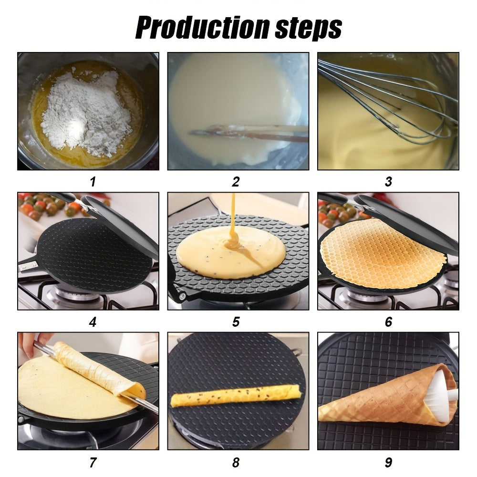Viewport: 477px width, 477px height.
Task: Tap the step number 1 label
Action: click(x=93, y=182)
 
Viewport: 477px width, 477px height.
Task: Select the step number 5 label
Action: click(x=236, y=322)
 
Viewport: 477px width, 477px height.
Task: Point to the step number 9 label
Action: click(x=388, y=462)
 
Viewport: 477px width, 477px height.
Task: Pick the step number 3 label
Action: click(x=388, y=182)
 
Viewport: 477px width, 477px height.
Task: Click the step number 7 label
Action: click(x=93, y=462)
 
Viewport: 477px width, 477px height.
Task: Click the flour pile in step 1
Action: click(x=86, y=112)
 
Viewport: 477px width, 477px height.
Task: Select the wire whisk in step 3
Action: click(x=382, y=100)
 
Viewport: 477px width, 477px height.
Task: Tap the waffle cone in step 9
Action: click(x=382, y=401)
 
